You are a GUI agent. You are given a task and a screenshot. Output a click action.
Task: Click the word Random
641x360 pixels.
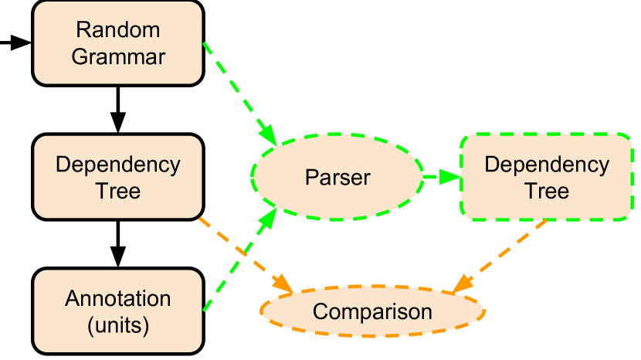[x=118, y=30]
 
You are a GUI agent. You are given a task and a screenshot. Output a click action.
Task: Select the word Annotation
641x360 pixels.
[x=118, y=299]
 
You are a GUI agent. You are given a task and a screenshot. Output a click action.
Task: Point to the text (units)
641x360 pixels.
[x=118, y=324]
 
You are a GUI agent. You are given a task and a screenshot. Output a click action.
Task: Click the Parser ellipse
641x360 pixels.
[x=337, y=178]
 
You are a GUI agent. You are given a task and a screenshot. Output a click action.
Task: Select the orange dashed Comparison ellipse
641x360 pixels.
[x=372, y=312]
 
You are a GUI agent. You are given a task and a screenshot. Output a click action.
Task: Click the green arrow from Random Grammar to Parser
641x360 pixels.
[x=238, y=91]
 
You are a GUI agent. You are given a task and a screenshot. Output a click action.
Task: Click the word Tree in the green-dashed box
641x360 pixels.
[x=547, y=191]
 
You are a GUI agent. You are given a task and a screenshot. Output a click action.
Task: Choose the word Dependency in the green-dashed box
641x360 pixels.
[x=547, y=165]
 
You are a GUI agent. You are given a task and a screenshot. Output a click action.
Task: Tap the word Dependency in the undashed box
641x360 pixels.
[x=118, y=165]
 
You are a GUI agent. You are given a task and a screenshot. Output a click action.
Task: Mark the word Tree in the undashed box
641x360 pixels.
[x=118, y=191]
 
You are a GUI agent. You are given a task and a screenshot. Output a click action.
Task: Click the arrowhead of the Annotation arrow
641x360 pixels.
[x=270, y=216]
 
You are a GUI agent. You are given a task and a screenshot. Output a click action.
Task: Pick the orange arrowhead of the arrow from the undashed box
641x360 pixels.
[x=285, y=287]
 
